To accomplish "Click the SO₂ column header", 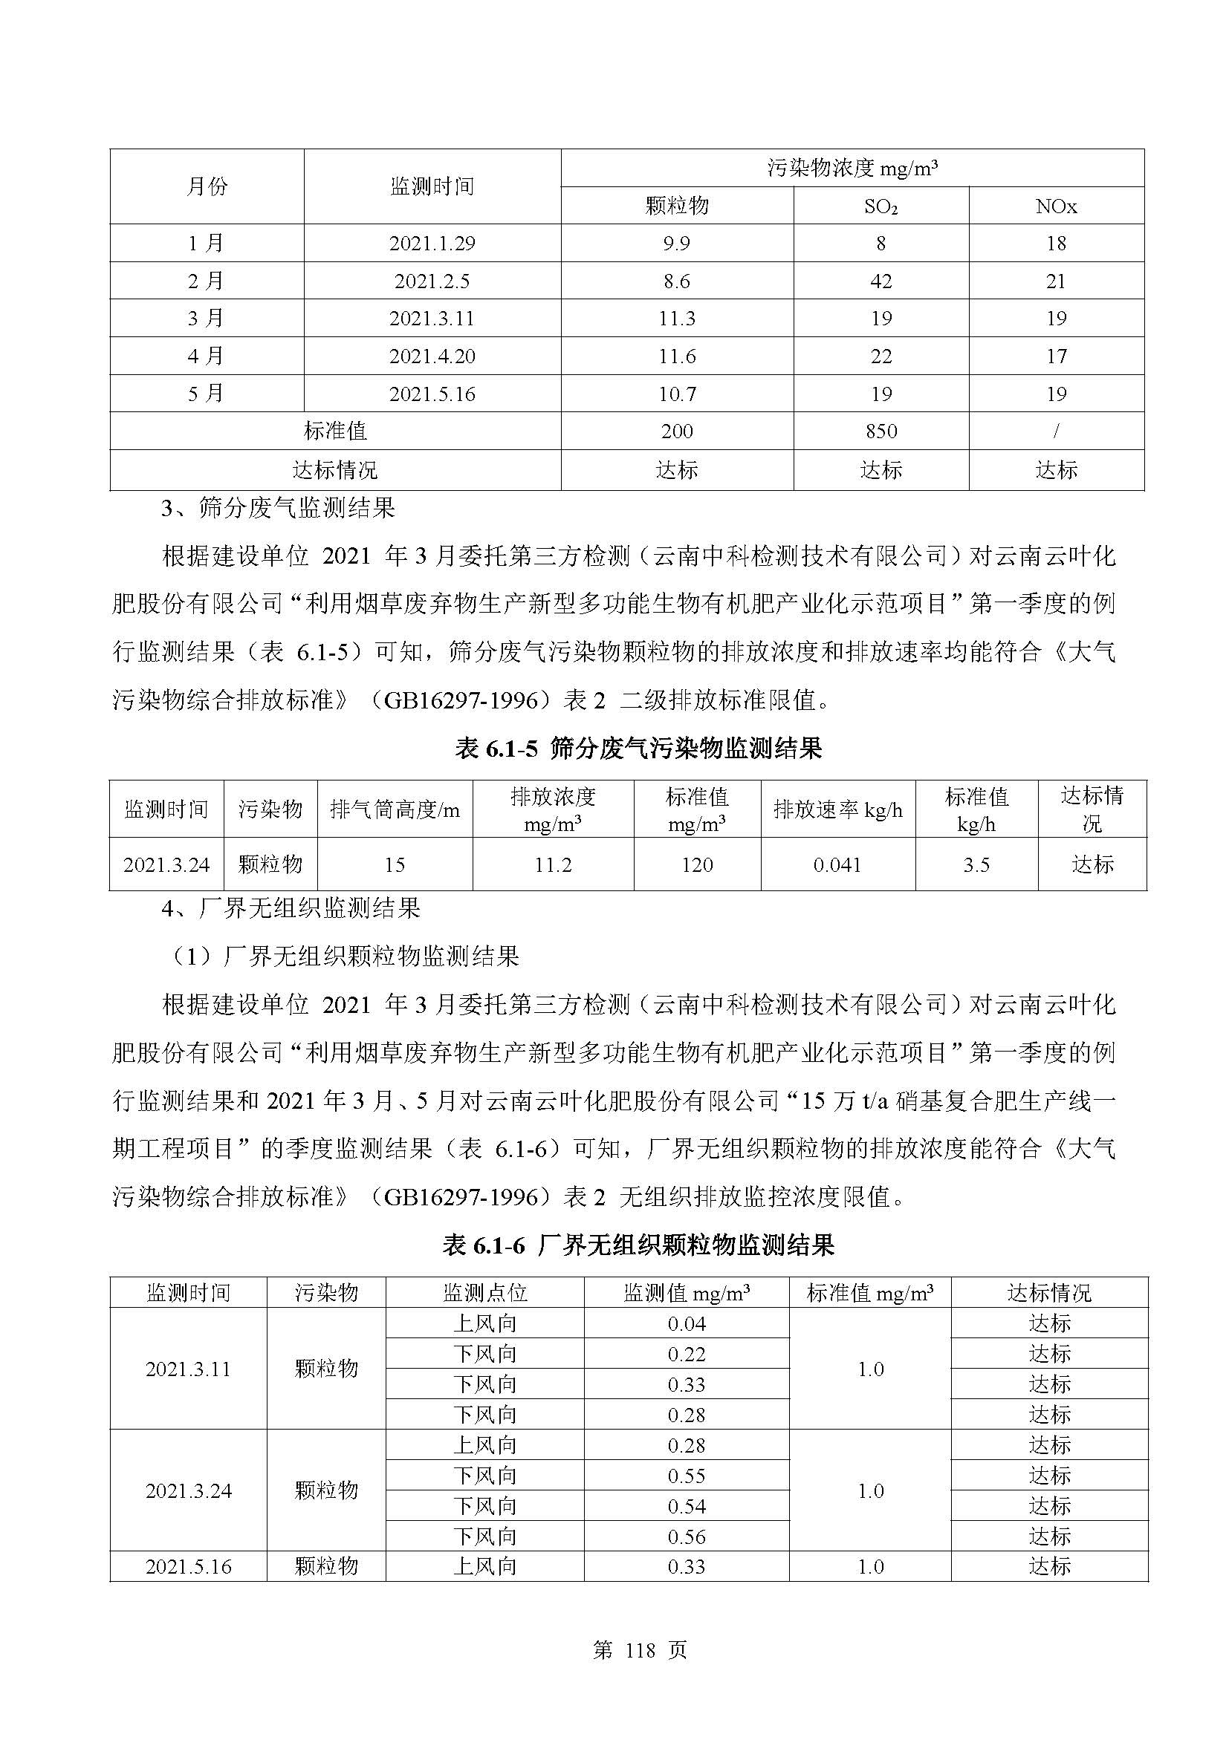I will click(881, 206).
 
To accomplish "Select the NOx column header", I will click(1056, 206).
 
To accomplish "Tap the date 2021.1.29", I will click(432, 243).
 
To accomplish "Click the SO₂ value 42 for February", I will click(881, 281).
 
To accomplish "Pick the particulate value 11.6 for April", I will click(677, 356).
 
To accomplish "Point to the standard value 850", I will click(881, 431).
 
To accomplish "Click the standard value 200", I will click(677, 431).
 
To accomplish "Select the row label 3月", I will click(206, 318).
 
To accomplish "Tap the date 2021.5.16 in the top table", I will click(432, 394).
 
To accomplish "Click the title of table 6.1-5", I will click(638, 749).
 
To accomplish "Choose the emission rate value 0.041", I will click(837, 864).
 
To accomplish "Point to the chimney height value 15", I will click(395, 864).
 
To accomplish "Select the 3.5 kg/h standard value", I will click(976, 864).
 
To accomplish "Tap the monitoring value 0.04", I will click(687, 1323).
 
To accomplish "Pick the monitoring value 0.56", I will click(687, 1536).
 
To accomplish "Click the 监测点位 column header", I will click(484, 1292).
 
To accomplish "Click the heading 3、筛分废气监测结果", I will click(279, 509).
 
